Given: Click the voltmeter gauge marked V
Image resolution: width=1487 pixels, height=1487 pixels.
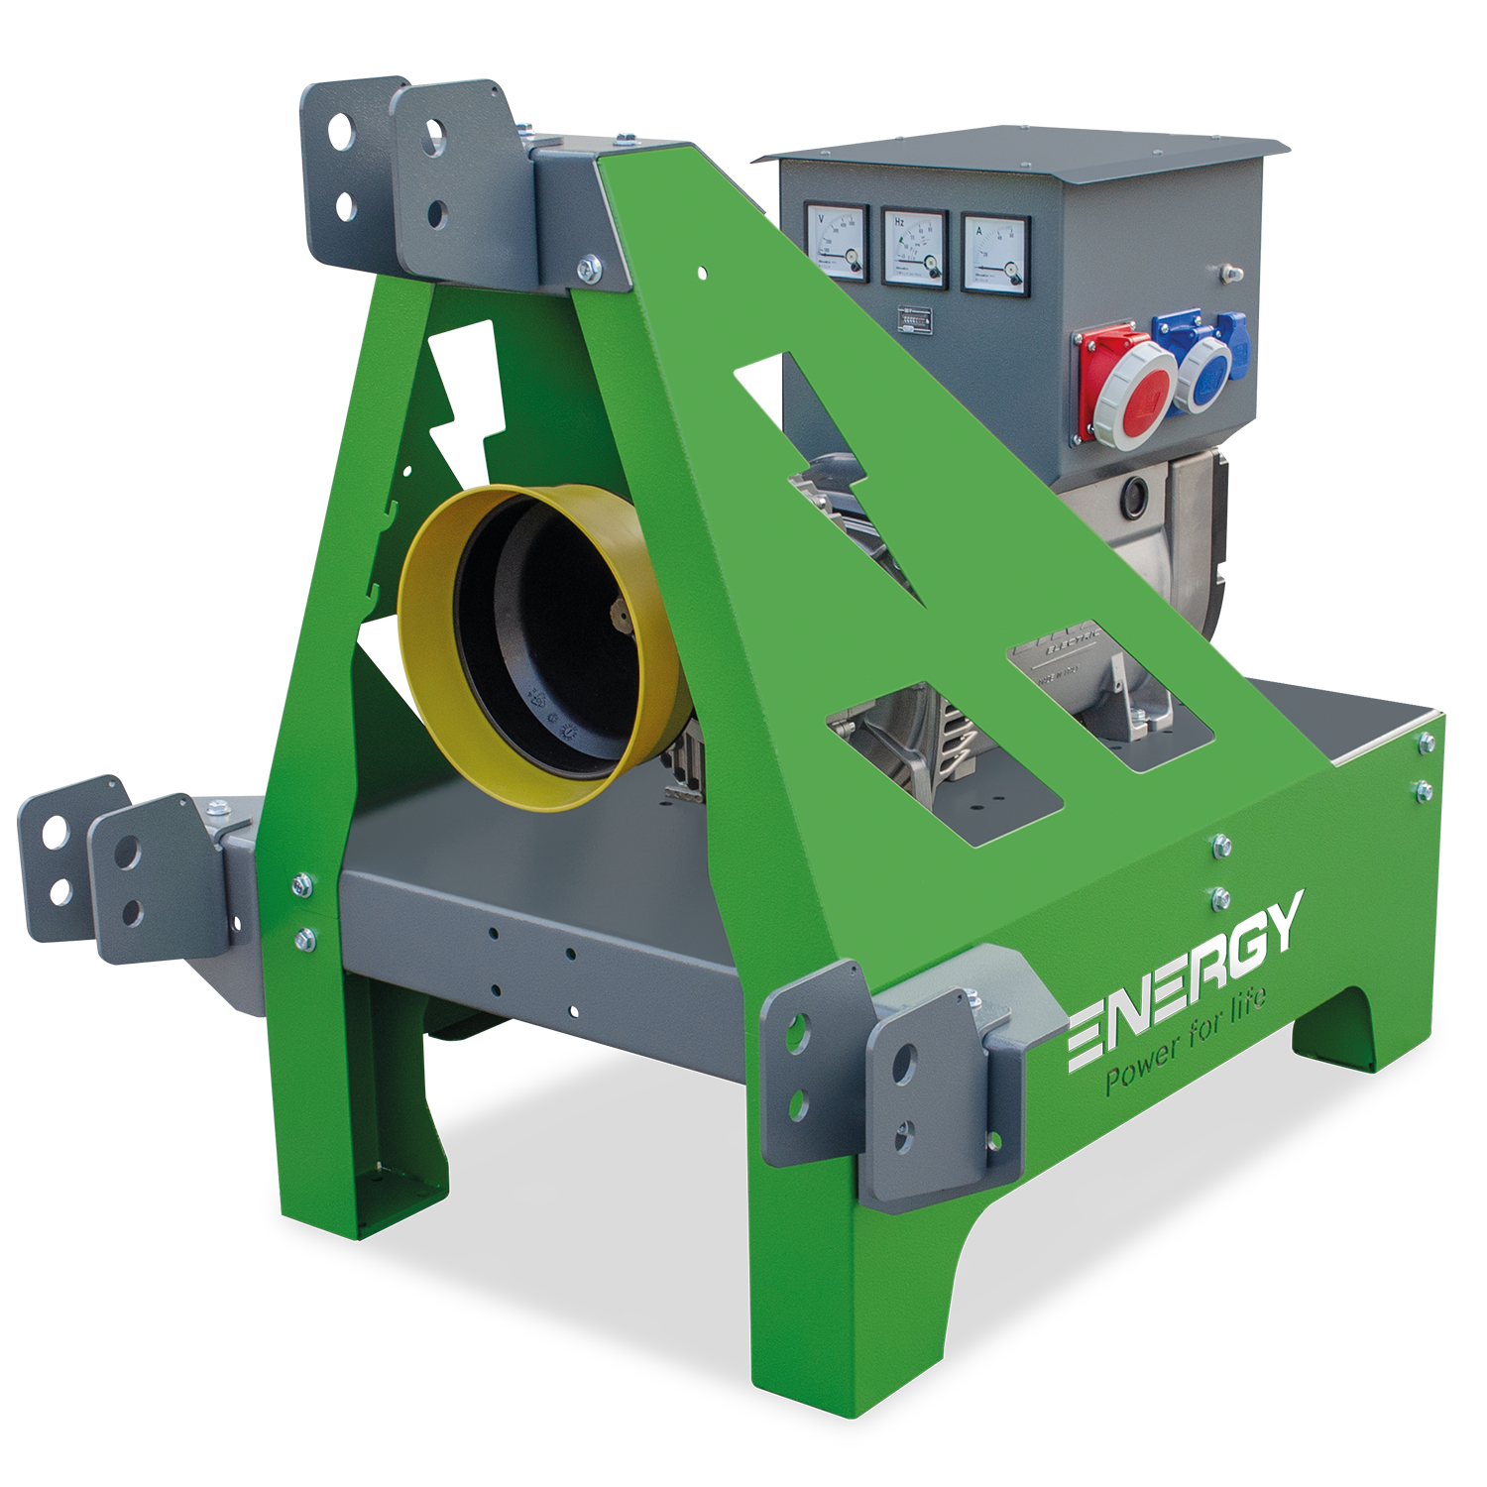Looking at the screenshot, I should (x=837, y=240).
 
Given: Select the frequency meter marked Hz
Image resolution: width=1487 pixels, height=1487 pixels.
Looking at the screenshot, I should (x=915, y=248).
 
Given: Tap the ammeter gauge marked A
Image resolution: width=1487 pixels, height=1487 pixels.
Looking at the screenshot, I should (x=995, y=254).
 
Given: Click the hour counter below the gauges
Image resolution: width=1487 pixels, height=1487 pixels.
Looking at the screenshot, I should (x=915, y=319).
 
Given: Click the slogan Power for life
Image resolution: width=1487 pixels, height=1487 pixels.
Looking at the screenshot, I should (x=1185, y=1046).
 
